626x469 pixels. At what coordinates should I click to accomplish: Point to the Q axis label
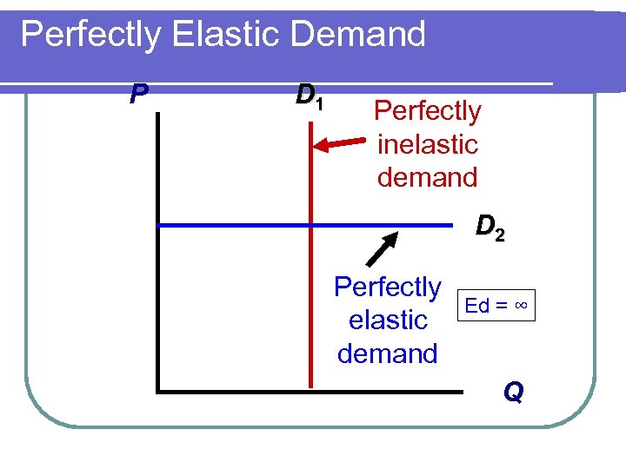(513, 393)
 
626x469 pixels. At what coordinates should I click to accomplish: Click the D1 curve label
(310, 96)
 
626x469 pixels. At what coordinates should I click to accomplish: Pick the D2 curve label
(490, 228)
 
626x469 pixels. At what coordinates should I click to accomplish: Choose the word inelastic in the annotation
(428, 144)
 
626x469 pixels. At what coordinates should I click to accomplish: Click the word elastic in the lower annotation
(388, 320)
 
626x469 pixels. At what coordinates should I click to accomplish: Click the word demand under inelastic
(428, 177)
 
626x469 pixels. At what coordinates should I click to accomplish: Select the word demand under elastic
(388, 353)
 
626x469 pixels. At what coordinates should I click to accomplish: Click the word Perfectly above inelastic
(427, 111)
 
